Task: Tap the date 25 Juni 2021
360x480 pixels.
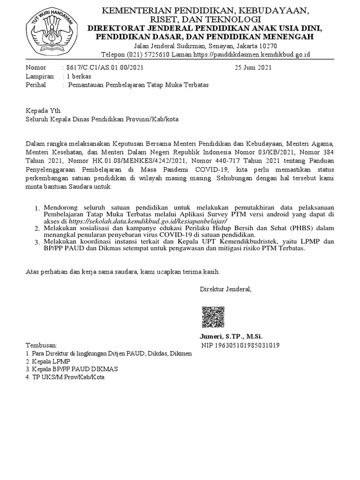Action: click(x=253, y=67)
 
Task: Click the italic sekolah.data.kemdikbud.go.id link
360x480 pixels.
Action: click(x=148, y=221)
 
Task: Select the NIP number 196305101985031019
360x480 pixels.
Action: click(x=240, y=346)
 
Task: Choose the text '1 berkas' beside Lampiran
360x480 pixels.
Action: click(x=79, y=76)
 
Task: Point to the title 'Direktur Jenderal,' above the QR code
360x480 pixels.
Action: click(x=225, y=289)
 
